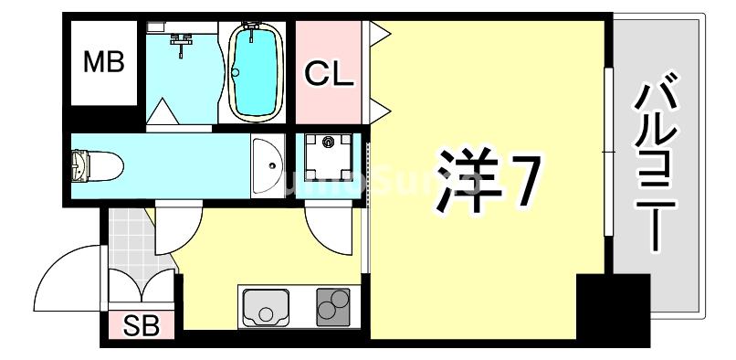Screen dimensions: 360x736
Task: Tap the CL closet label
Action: pyautogui.click(x=329, y=73)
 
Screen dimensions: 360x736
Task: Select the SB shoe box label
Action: pyautogui.click(x=141, y=325)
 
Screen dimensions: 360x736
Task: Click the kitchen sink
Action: pyautogui.click(x=268, y=308)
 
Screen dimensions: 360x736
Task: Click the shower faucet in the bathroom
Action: pyautogui.click(x=184, y=41)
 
